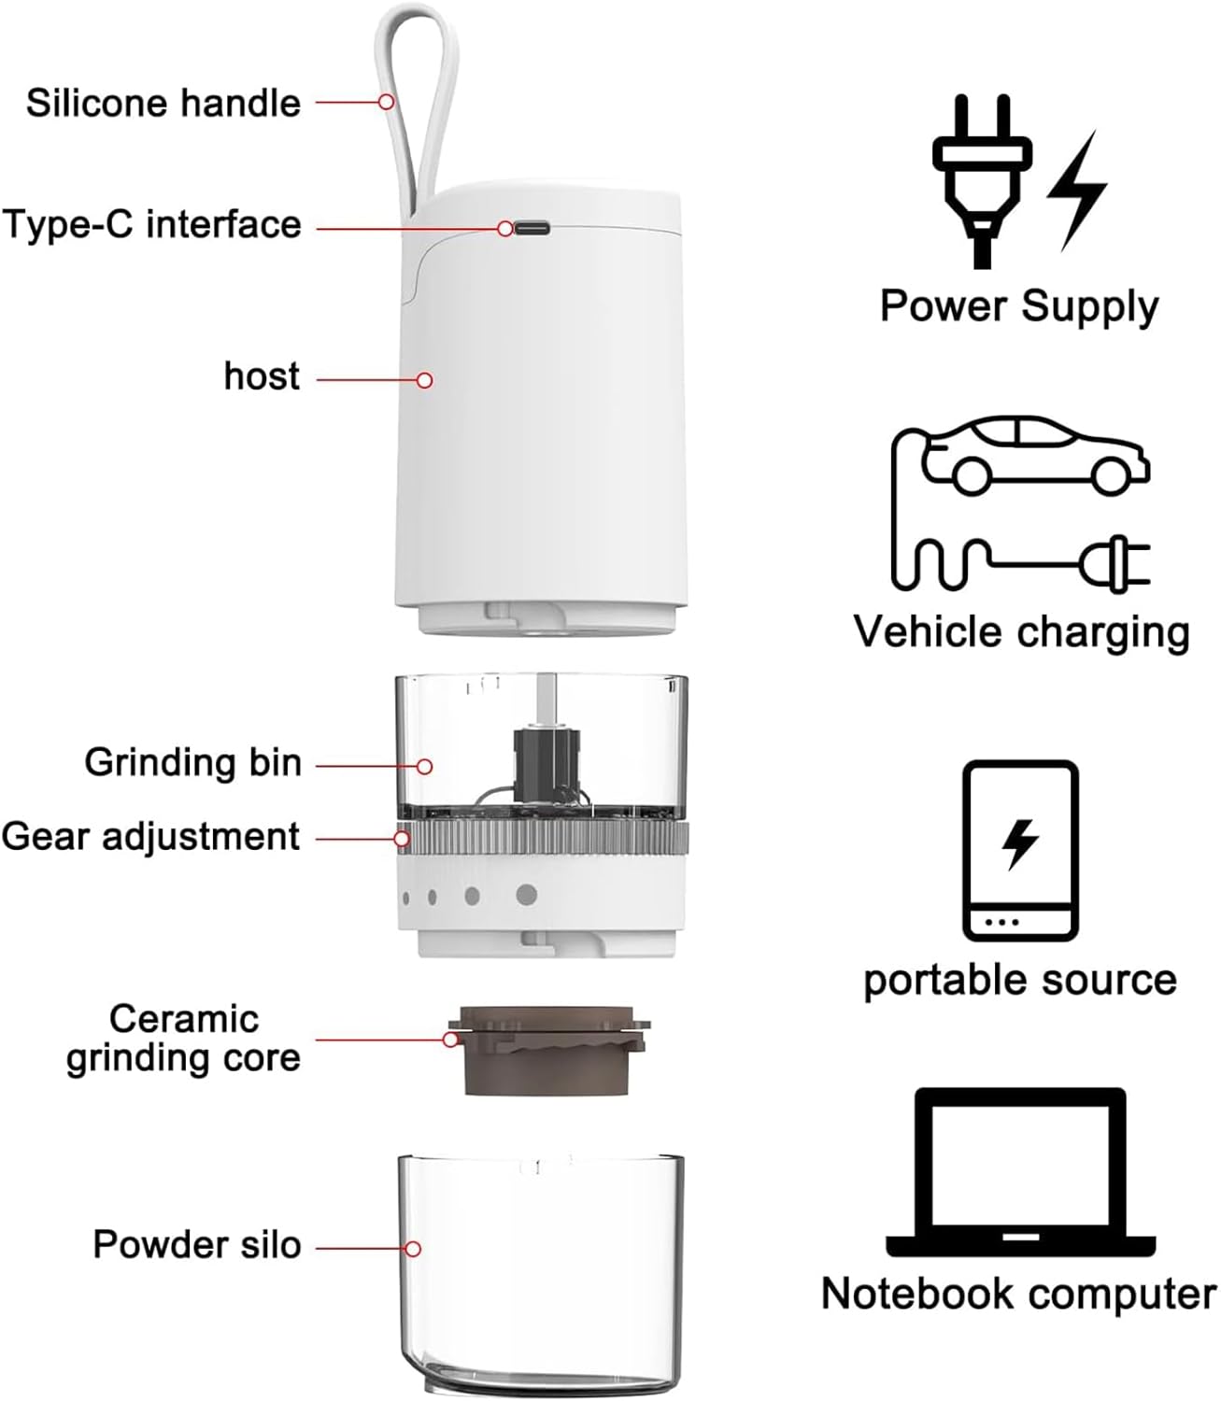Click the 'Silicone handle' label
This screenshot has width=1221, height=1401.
pyautogui.click(x=163, y=103)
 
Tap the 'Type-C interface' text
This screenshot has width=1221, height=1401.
pyautogui.click(x=151, y=225)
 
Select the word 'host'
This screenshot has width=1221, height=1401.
pyautogui.click(x=262, y=376)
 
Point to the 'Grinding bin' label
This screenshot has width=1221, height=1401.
pyautogui.click(x=193, y=762)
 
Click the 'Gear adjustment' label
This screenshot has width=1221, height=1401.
pyautogui.click(x=151, y=837)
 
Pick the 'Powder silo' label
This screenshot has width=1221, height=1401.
pyautogui.click(x=196, y=1245)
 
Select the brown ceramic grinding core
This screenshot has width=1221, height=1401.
pyautogui.click(x=548, y=1051)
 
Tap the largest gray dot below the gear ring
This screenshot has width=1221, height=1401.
pyautogui.click(x=527, y=895)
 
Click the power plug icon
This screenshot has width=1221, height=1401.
pyautogui.click(x=981, y=177)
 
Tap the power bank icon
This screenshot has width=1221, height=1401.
pyautogui.click(x=1020, y=850)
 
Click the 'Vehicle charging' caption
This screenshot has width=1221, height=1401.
pyautogui.click(x=1021, y=632)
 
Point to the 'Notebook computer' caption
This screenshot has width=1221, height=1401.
pyautogui.click(x=1018, y=1295)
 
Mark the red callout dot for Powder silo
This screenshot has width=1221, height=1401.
pyautogui.click(x=413, y=1249)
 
